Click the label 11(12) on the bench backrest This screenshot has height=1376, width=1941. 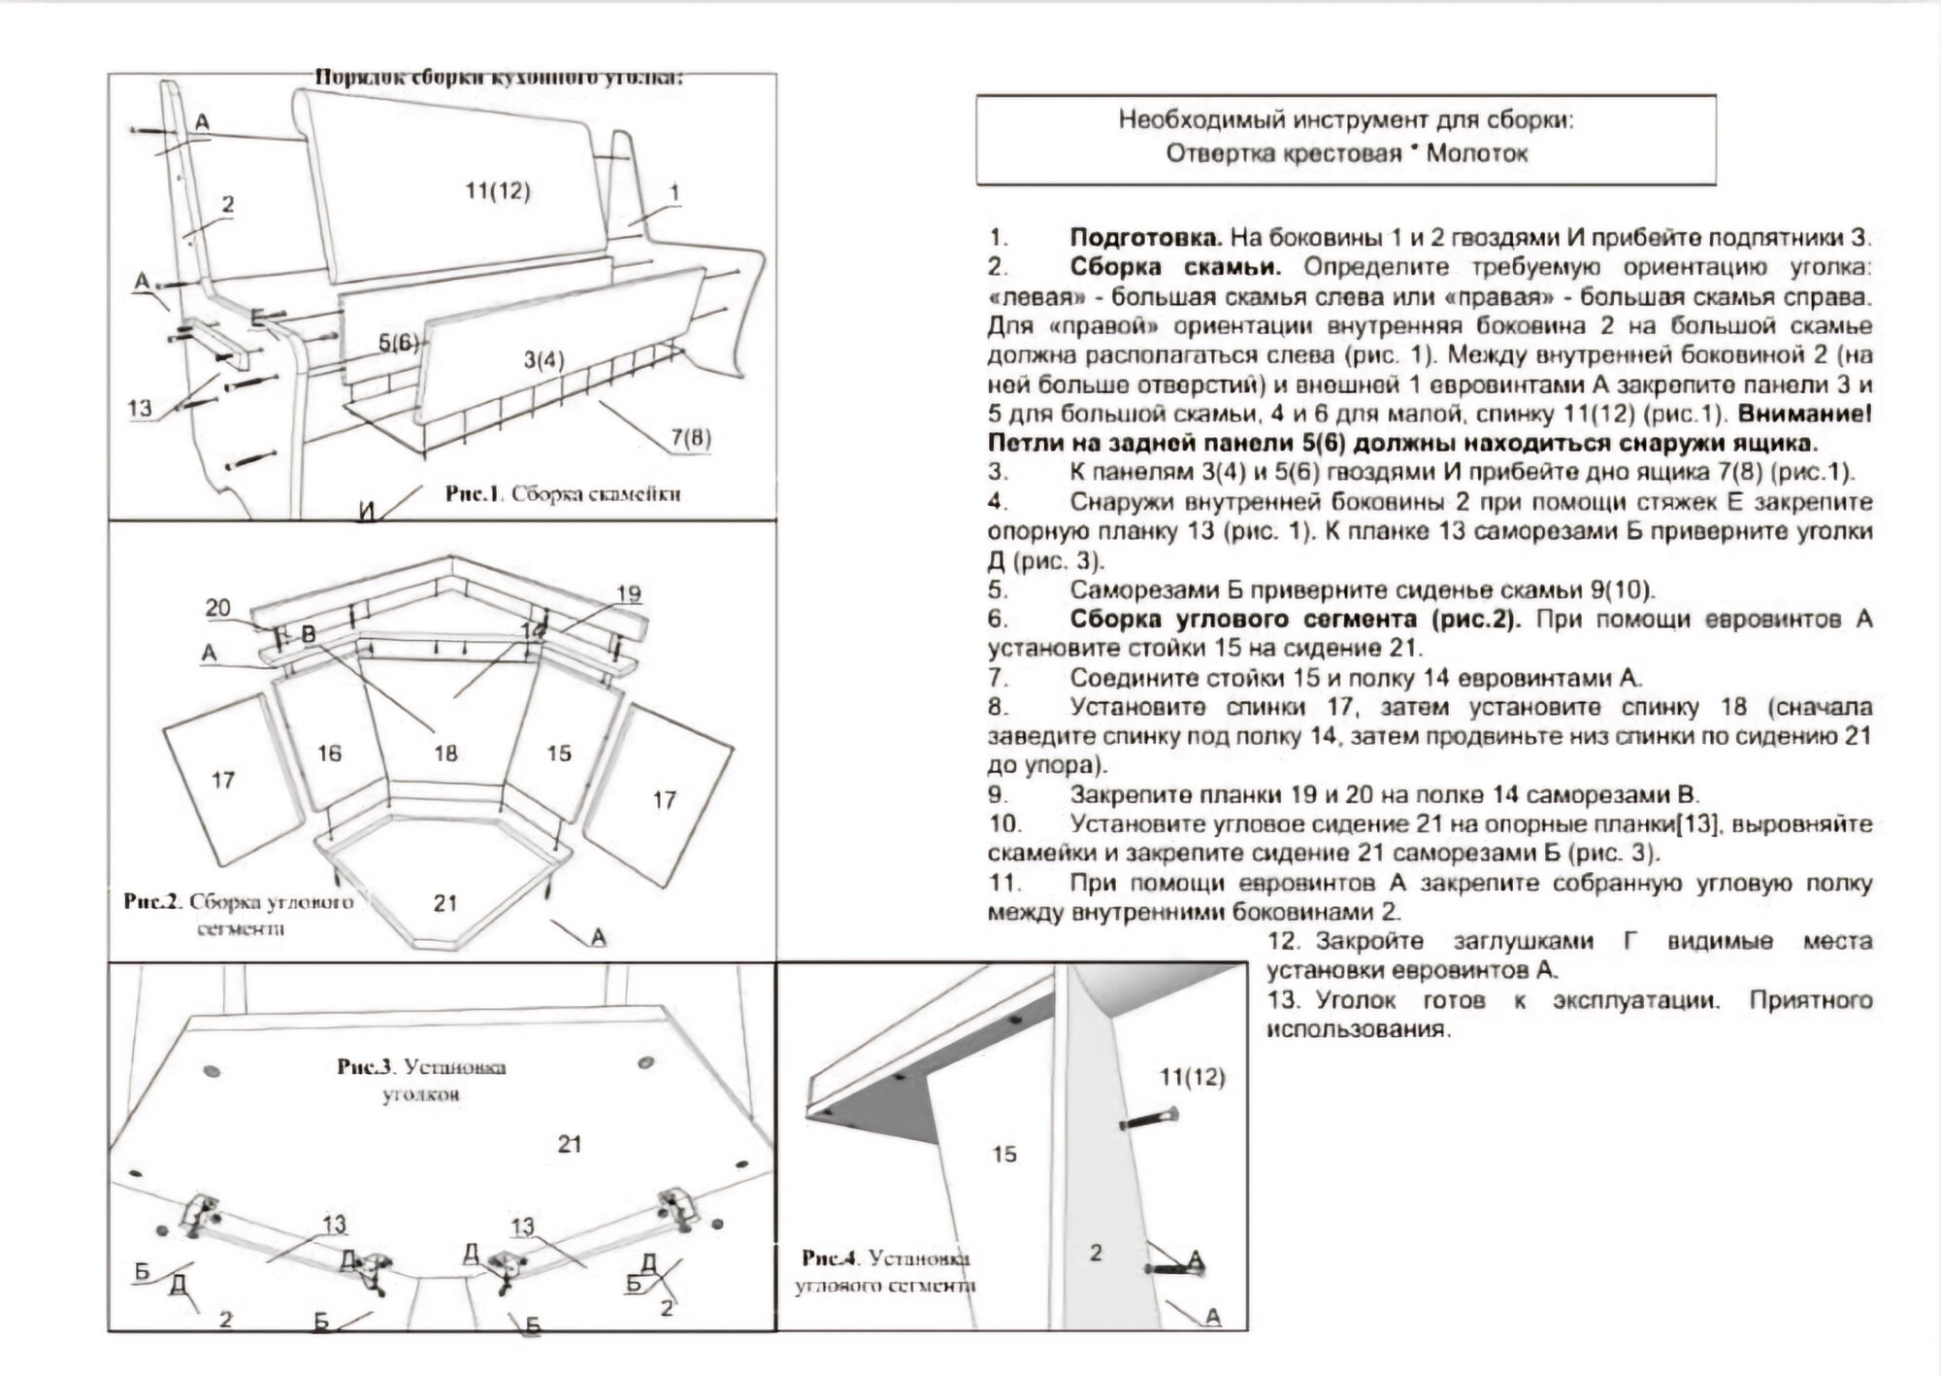click(497, 191)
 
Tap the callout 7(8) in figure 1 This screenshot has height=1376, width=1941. click(690, 438)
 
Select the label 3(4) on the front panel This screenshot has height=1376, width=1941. click(543, 360)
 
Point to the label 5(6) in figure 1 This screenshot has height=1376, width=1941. click(398, 342)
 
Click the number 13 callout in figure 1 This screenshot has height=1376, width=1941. click(141, 407)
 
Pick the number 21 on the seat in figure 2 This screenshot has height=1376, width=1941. click(445, 903)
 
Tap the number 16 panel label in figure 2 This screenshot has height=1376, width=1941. click(330, 753)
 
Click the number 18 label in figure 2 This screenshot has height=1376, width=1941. click(445, 753)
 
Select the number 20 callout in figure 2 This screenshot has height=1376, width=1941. click(218, 608)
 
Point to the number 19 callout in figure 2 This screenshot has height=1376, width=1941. click(629, 593)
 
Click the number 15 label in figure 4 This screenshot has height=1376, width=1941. click(1004, 1154)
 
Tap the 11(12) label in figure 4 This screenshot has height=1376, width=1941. click(1193, 1076)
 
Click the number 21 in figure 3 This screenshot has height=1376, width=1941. click(570, 1143)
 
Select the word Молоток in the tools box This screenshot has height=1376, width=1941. click(1477, 153)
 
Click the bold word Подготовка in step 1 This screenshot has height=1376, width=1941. click(1145, 238)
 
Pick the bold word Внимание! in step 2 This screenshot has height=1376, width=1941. click(1805, 414)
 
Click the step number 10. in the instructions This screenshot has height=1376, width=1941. click(1005, 824)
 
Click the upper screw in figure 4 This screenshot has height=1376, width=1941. click(1150, 1119)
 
